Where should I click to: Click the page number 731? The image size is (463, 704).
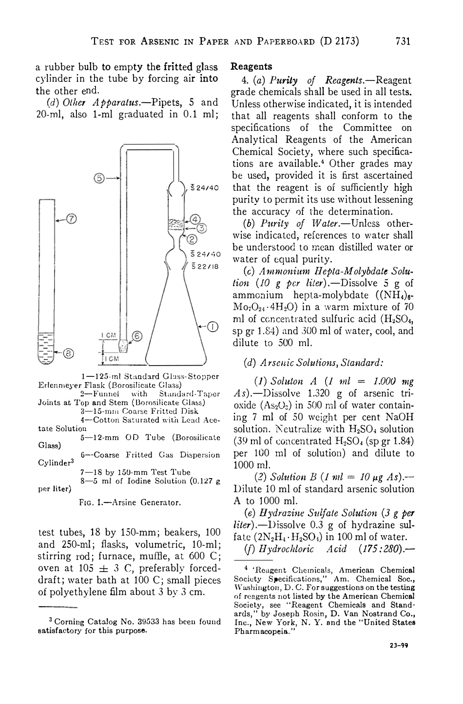click(x=404, y=41)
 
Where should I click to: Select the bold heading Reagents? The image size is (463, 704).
click(x=251, y=66)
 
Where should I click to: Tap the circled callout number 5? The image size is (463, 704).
click(x=99, y=178)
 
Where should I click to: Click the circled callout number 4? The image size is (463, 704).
click(x=195, y=219)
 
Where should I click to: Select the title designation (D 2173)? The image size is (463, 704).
click(x=339, y=41)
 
